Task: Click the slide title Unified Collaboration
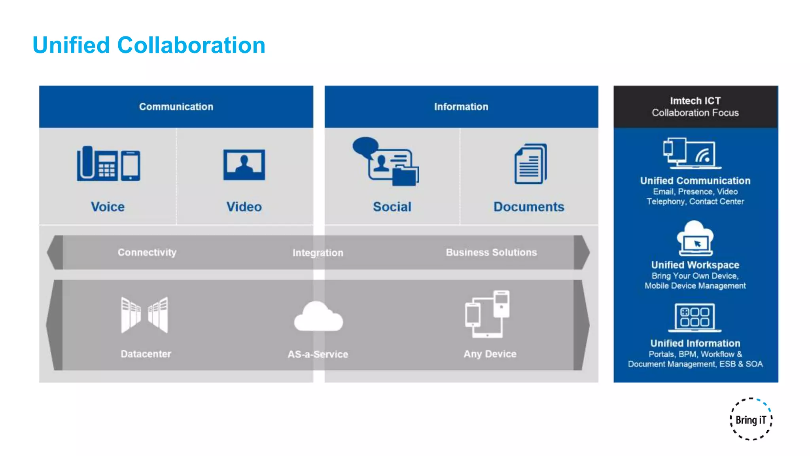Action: pyautogui.click(x=149, y=45)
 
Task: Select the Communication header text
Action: pyautogui.click(x=176, y=106)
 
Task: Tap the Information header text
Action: pyautogui.click(x=461, y=106)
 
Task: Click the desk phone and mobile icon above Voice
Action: pyautogui.click(x=108, y=163)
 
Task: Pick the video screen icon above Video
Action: pyautogui.click(x=244, y=165)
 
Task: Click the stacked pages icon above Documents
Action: pyautogui.click(x=531, y=164)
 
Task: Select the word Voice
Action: pyautogui.click(x=108, y=207)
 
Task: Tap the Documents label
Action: pyautogui.click(x=528, y=207)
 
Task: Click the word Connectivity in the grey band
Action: pyautogui.click(x=147, y=252)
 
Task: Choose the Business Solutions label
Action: pyautogui.click(x=491, y=252)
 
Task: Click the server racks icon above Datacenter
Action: pyautogui.click(x=144, y=315)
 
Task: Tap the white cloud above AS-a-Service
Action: pyautogui.click(x=318, y=317)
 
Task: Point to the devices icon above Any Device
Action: pyautogui.click(x=487, y=314)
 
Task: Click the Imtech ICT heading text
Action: pyautogui.click(x=695, y=101)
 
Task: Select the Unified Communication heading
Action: pyautogui.click(x=695, y=180)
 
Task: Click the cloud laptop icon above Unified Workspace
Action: pyautogui.click(x=695, y=238)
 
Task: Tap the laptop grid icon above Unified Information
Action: pyautogui.click(x=695, y=317)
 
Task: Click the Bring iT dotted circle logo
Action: pyautogui.click(x=751, y=419)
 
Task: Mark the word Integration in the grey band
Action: pyautogui.click(x=318, y=253)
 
